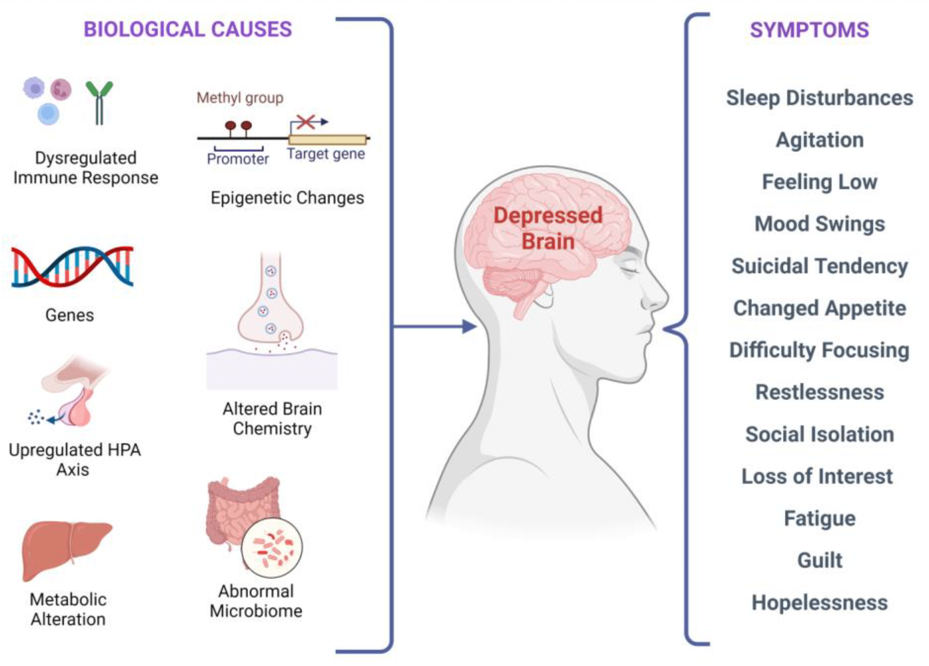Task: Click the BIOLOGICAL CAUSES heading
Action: click(188, 30)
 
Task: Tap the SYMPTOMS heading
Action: click(809, 30)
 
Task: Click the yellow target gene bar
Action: click(327, 139)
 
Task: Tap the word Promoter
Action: click(238, 159)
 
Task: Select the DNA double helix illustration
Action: click(72, 267)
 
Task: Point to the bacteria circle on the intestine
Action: click(272, 547)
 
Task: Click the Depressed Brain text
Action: click(548, 228)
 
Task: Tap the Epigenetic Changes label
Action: click(287, 198)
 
